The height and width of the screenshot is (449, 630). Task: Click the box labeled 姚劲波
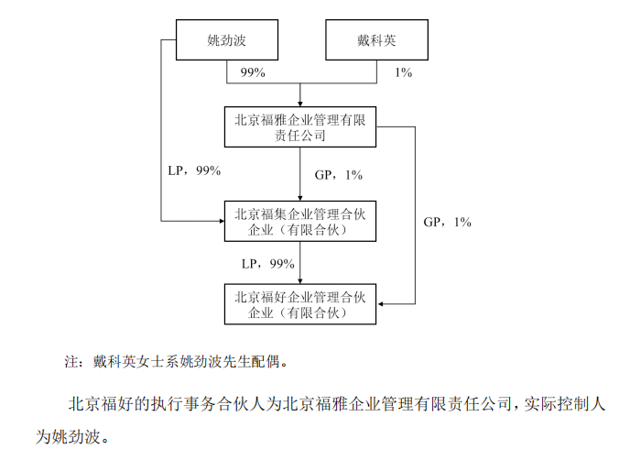(x=227, y=39)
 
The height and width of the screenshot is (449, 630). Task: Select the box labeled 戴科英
(x=376, y=39)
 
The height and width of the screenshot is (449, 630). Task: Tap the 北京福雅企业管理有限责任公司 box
(x=300, y=126)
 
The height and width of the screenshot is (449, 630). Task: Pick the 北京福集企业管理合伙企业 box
(x=300, y=221)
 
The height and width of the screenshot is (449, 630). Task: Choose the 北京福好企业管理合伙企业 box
(x=300, y=304)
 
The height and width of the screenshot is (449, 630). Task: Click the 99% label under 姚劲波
(x=253, y=72)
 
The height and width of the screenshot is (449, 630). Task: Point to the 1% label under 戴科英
(x=404, y=72)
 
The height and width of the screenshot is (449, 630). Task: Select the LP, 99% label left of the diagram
(x=194, y=170)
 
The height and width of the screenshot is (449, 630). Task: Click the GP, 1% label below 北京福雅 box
(x=338, y=175)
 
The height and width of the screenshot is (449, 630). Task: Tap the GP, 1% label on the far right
(x=447, y=222)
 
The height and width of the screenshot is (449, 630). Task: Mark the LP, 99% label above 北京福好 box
(x=268, y=264)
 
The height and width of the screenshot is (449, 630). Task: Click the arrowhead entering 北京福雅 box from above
(x=300, y=104)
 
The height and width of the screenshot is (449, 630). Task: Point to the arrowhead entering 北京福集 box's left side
(x=222, y=221)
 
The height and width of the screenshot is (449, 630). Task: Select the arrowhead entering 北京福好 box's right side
(x=380, y=304)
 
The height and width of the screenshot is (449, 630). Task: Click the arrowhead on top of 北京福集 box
(x=300, y=198)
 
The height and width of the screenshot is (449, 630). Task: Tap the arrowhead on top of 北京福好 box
(x=300, y=281)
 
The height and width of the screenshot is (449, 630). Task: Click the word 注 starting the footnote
(x=71, y=362)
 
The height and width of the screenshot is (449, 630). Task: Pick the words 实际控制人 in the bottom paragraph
(x=564, y=403)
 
